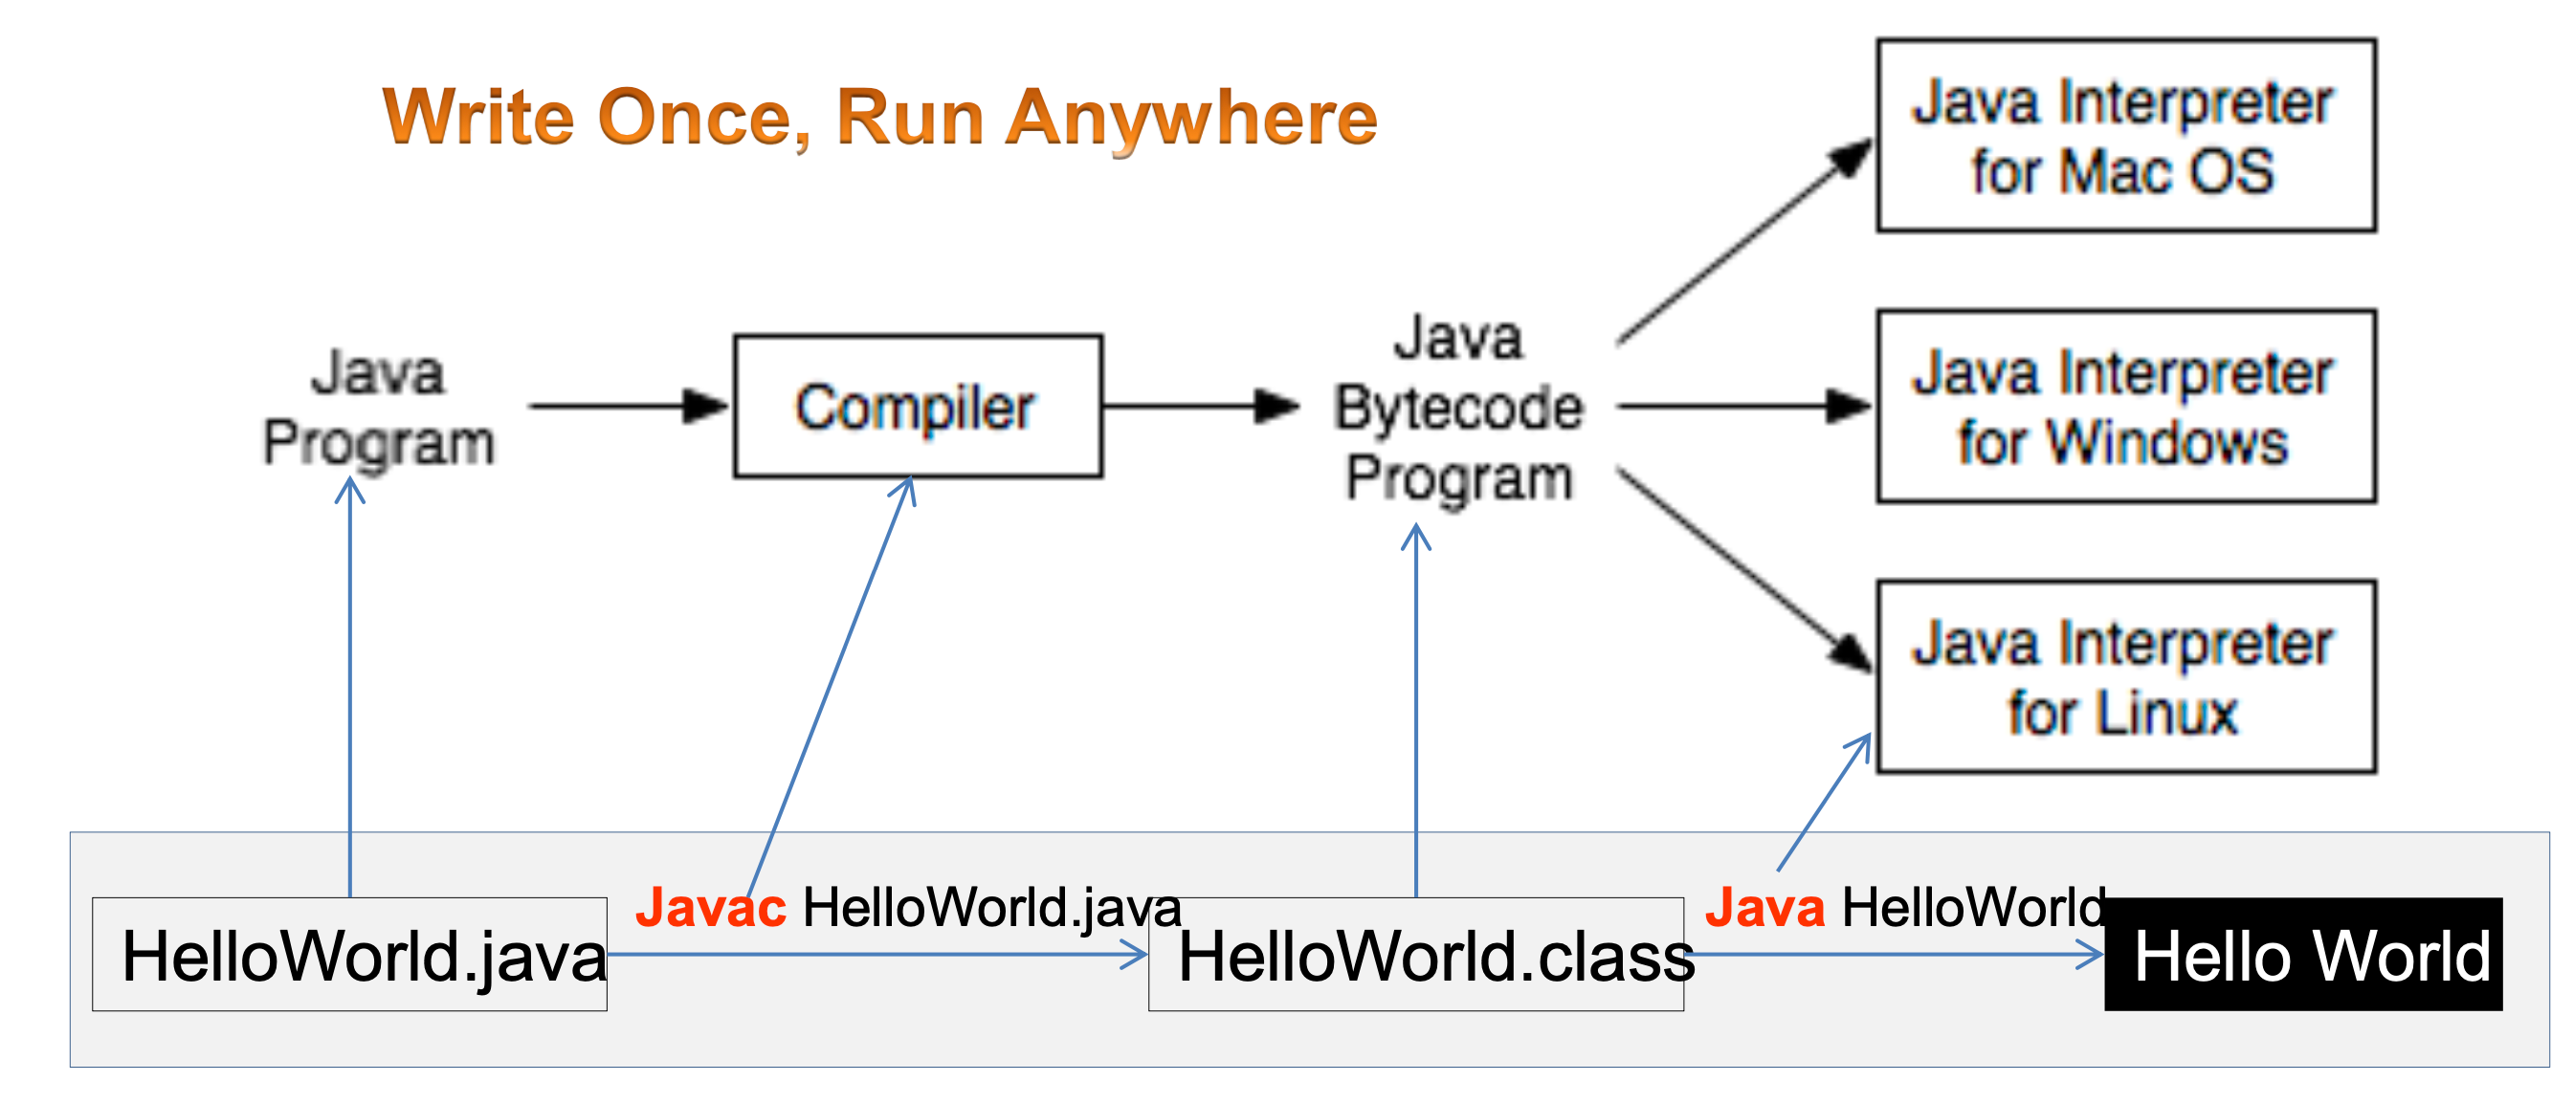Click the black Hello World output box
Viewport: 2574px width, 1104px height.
click(x=2303, y=954)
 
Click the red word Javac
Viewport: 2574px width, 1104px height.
click(x=710, y=907)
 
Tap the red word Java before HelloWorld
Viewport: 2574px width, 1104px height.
click(x=1764, y=907)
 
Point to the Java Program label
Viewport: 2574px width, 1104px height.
click(x=379, y=408)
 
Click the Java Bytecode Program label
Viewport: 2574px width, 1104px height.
click(x=1459, y=408)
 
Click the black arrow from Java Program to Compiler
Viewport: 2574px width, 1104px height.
click(x=630, y=407)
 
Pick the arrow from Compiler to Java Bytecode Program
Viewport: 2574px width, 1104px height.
click(x=1201, y=407)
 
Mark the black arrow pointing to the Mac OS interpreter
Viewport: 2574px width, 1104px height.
click(x=1744, y=242)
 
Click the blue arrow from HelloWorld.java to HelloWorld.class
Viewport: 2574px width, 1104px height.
click(x=877, y=955)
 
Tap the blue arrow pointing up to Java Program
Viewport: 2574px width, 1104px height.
click(x=349, y=688)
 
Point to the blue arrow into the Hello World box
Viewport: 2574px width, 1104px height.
click(x=1895, y=955)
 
